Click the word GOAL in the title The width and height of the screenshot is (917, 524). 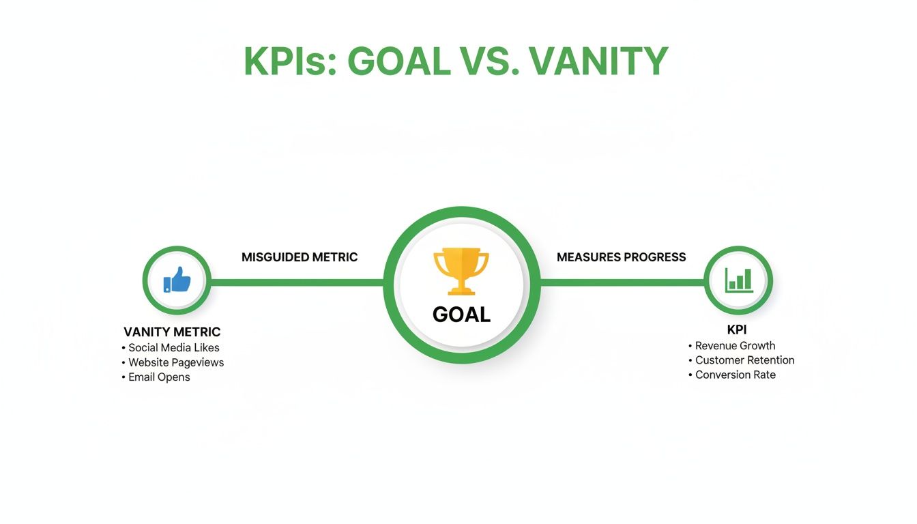[x=399, y=62]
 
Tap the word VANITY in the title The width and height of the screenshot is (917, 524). [x=598, y=62]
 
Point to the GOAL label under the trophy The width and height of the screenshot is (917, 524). [x=461, y=315]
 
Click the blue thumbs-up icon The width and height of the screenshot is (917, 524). [x=177, y=280]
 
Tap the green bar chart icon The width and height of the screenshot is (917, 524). [x=739, y=280]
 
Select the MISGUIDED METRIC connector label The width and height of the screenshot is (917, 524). [x=300, y=257]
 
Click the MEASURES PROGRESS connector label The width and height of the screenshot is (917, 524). [x=621, y=257]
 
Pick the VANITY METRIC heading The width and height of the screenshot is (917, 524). [x=172, y=332]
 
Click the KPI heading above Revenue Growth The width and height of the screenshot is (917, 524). [x=738, y=330]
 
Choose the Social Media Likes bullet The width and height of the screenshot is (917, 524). [x=173, y=348]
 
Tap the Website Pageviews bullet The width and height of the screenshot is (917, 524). [x=175, y=362]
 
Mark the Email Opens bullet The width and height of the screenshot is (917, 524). [x=159, y=377]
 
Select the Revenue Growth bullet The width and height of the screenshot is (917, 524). [x=735, y=346]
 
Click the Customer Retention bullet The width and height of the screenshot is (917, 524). [x=744, y=360]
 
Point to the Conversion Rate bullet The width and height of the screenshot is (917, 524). [x=735, y=375]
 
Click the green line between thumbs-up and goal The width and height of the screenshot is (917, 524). [x=297, y=282]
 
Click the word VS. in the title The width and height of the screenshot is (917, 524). [x=489, y=62]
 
